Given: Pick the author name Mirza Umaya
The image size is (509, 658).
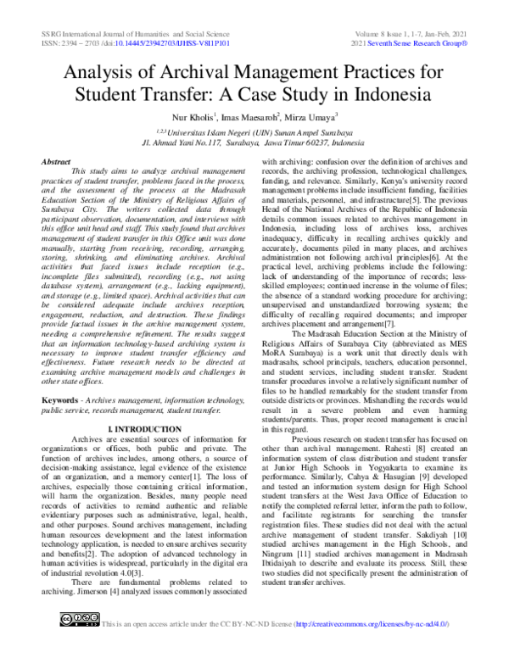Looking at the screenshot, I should (x=314, y=115).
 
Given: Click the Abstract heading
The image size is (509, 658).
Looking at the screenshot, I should (x=57, y=160).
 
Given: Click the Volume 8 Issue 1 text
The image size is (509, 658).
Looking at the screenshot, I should (x=386, y=31).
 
